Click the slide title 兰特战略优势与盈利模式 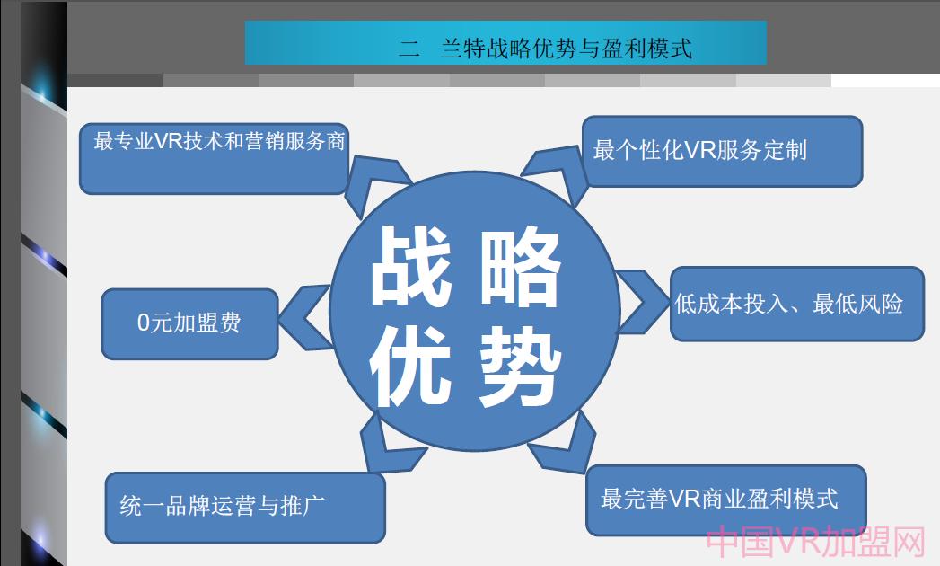point(566,49)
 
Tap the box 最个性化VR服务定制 point(722,151)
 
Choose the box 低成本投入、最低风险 point(796,304)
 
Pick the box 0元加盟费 point(189,323)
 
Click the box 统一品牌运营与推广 point(244,507)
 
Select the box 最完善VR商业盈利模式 point(725,500)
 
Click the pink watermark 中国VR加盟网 point(815,543)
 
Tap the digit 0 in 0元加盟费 point(143,323)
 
